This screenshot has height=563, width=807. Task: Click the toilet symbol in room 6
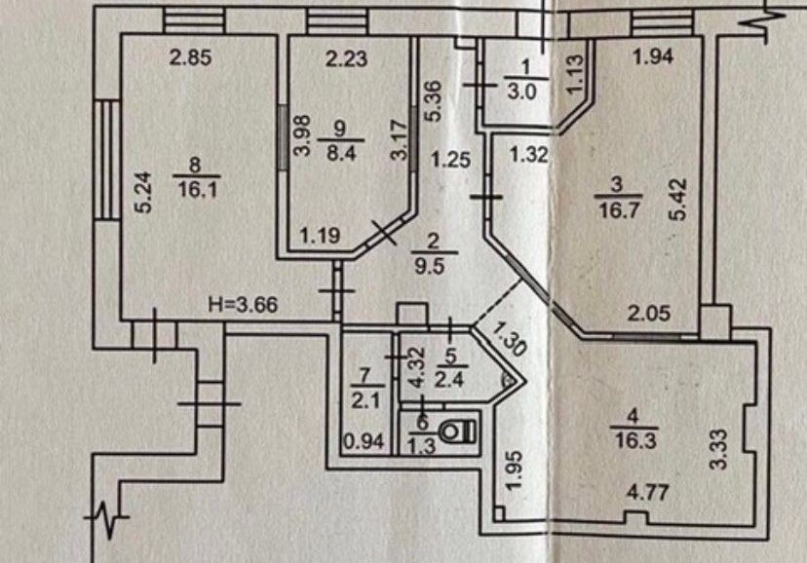pyautogui.click(x=456, y=432)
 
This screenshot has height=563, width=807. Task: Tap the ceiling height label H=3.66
pyautogui.click(x=244, y=304)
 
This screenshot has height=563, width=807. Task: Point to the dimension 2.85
pyautogui.click(x=189, y=58)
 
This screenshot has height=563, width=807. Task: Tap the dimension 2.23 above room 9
pyautogui.click(x=346, y=58)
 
